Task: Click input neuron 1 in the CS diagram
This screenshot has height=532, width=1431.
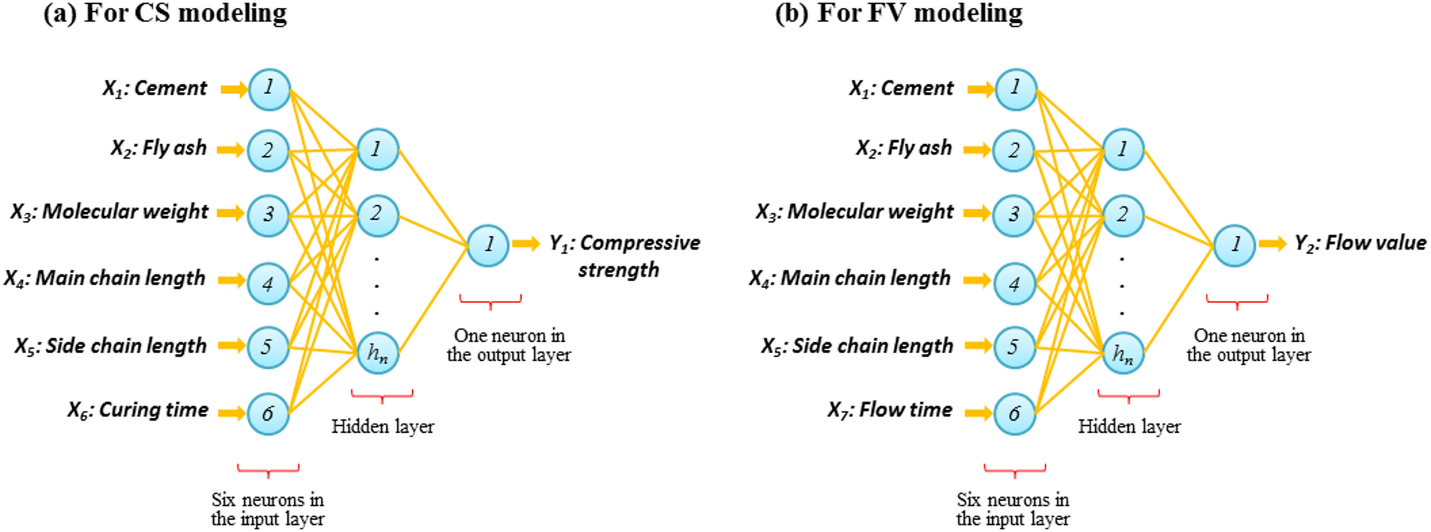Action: (269, 89)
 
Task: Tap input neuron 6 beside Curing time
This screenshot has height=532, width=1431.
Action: (268, 414)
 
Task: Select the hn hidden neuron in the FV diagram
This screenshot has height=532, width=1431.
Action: (1123, 353)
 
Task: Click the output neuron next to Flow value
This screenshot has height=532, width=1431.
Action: (1234, 245)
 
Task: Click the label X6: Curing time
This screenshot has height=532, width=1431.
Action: (138, 410)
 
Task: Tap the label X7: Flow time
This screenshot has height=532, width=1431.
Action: (889, 410)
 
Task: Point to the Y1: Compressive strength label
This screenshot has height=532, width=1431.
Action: (624, 255)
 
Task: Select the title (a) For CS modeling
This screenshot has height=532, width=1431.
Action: (165, 13)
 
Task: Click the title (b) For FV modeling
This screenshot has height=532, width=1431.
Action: (899, 13)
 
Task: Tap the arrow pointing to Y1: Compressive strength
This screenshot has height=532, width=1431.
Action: (526, 244)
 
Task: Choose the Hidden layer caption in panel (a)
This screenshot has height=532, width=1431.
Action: (383, 426)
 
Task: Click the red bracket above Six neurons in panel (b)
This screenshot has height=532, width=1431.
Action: (1015, 469)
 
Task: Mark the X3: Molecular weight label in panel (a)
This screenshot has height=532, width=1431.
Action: (109, 212)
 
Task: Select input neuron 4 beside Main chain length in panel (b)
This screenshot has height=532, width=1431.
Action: (1014, 284)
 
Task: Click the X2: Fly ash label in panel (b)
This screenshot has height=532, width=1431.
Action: (904, 148)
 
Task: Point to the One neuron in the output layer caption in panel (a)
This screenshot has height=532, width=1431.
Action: (509, 345)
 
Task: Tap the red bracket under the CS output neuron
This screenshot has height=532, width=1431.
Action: (490, 300)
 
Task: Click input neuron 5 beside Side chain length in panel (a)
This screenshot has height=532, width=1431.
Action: (268, 347)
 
